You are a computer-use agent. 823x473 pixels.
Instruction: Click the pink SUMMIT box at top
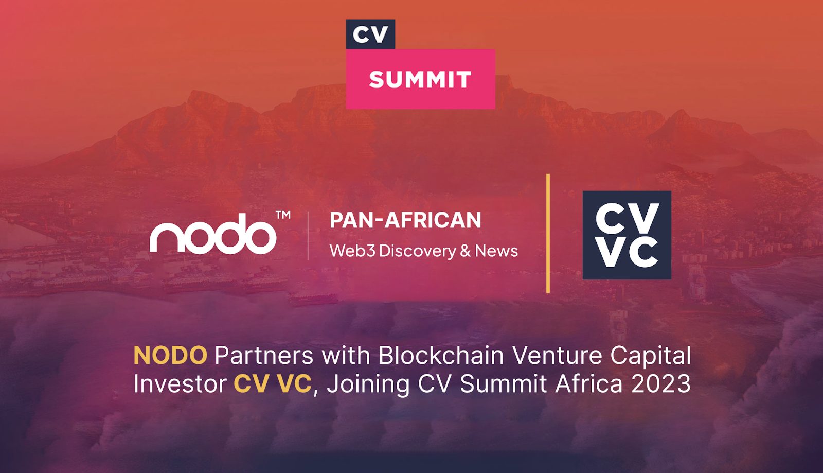420,79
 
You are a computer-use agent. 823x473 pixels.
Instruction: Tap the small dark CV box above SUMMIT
370,34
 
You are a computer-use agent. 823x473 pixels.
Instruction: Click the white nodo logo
213,234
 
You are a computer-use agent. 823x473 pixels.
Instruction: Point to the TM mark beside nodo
283,215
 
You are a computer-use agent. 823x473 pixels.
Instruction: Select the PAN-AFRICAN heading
405,220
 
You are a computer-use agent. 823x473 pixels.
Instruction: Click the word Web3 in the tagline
352,251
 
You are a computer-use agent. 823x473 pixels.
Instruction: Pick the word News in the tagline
496,251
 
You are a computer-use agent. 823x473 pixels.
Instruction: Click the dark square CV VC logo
627,235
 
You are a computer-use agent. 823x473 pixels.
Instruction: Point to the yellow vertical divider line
548,233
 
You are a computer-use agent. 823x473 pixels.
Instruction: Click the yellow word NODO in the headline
170,355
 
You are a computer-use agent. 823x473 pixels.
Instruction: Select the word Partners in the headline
264,355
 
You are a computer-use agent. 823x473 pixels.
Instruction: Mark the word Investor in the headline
180,384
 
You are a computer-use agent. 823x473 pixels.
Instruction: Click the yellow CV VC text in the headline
272,384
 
